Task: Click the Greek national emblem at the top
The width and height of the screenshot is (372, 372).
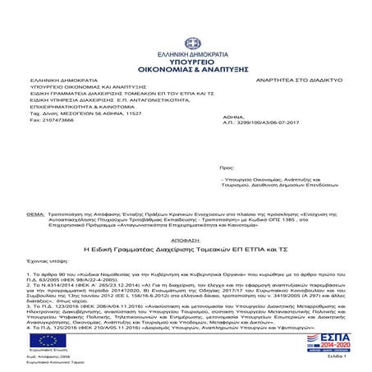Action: [186, 16]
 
